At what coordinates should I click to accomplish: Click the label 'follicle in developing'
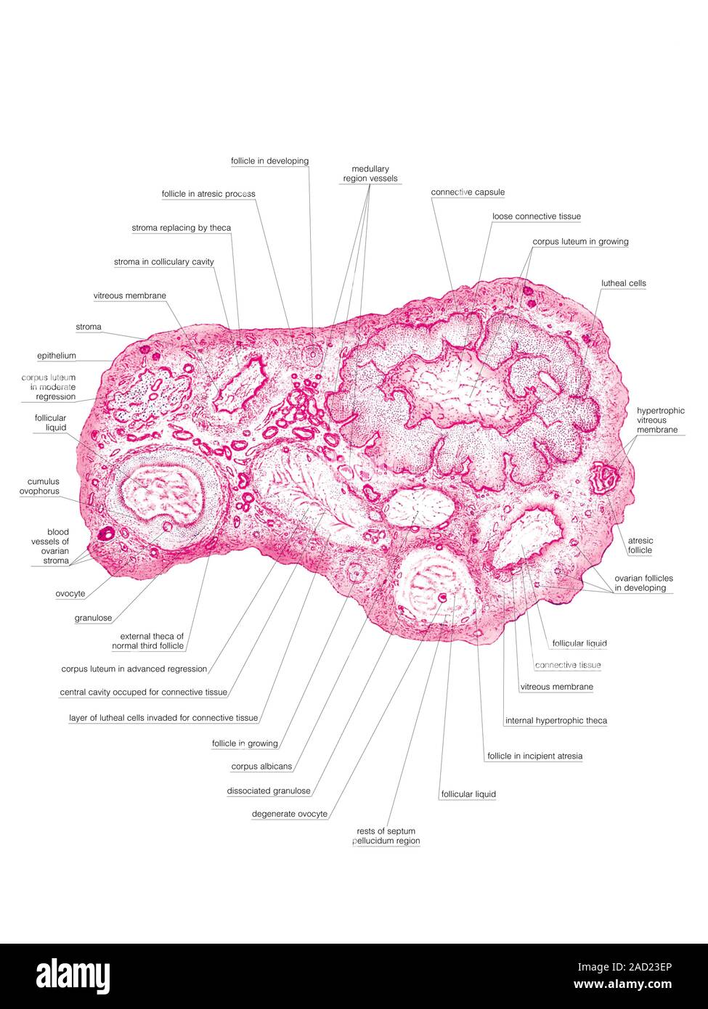point(269,161)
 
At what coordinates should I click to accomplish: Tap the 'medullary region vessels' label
point(370,174)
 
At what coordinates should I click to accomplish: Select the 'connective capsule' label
point(468,192)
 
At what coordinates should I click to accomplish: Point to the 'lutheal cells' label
point(623,283)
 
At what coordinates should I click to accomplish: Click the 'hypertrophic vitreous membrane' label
point(660,420)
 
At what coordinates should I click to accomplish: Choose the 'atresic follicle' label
point(640,545)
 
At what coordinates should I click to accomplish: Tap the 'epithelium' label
point(57,356)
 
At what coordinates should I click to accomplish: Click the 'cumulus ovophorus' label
point(39,486)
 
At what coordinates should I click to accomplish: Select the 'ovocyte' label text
point(70,594)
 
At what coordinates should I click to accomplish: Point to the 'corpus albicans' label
point(261,767)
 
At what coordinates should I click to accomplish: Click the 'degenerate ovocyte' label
point(289,814)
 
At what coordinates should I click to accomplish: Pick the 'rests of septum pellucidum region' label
point(386,836)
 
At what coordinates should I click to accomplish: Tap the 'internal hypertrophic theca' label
point(556,721)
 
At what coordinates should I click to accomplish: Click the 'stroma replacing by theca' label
point(181,228)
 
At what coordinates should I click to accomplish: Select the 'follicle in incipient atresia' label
point(535,756)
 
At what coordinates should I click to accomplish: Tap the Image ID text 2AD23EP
point(624,967)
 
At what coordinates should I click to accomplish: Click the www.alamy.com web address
point(622,984)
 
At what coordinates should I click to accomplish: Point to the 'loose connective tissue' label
point(537,216)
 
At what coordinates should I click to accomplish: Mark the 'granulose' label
point(93,618)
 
